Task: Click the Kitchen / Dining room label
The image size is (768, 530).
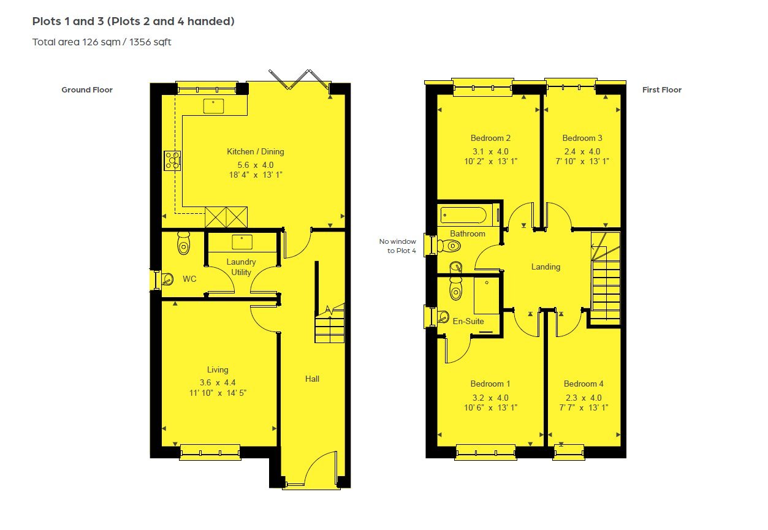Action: coord(255,151)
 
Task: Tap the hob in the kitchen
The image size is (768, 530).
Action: coord(172,161)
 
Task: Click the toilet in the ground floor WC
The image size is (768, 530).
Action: coord(183,244)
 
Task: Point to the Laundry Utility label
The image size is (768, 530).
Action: coord(241,267)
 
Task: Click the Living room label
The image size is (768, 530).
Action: coord(218,369)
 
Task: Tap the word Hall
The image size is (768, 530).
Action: coord(313,379)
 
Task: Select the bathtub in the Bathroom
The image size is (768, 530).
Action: coord(463,215)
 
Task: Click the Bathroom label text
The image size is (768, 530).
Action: coord(468,233)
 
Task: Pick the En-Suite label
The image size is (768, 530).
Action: coord(468,321)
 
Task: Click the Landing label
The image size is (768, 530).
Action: coord(546,267)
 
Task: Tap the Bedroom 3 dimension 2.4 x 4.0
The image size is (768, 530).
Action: coord(582,151)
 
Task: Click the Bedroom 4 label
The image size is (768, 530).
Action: coord(584,384)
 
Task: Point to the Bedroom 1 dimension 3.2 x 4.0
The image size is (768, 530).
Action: coord(490,397)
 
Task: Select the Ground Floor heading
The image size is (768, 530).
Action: coord(87,90)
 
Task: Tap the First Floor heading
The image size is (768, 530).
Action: coord(662,90)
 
